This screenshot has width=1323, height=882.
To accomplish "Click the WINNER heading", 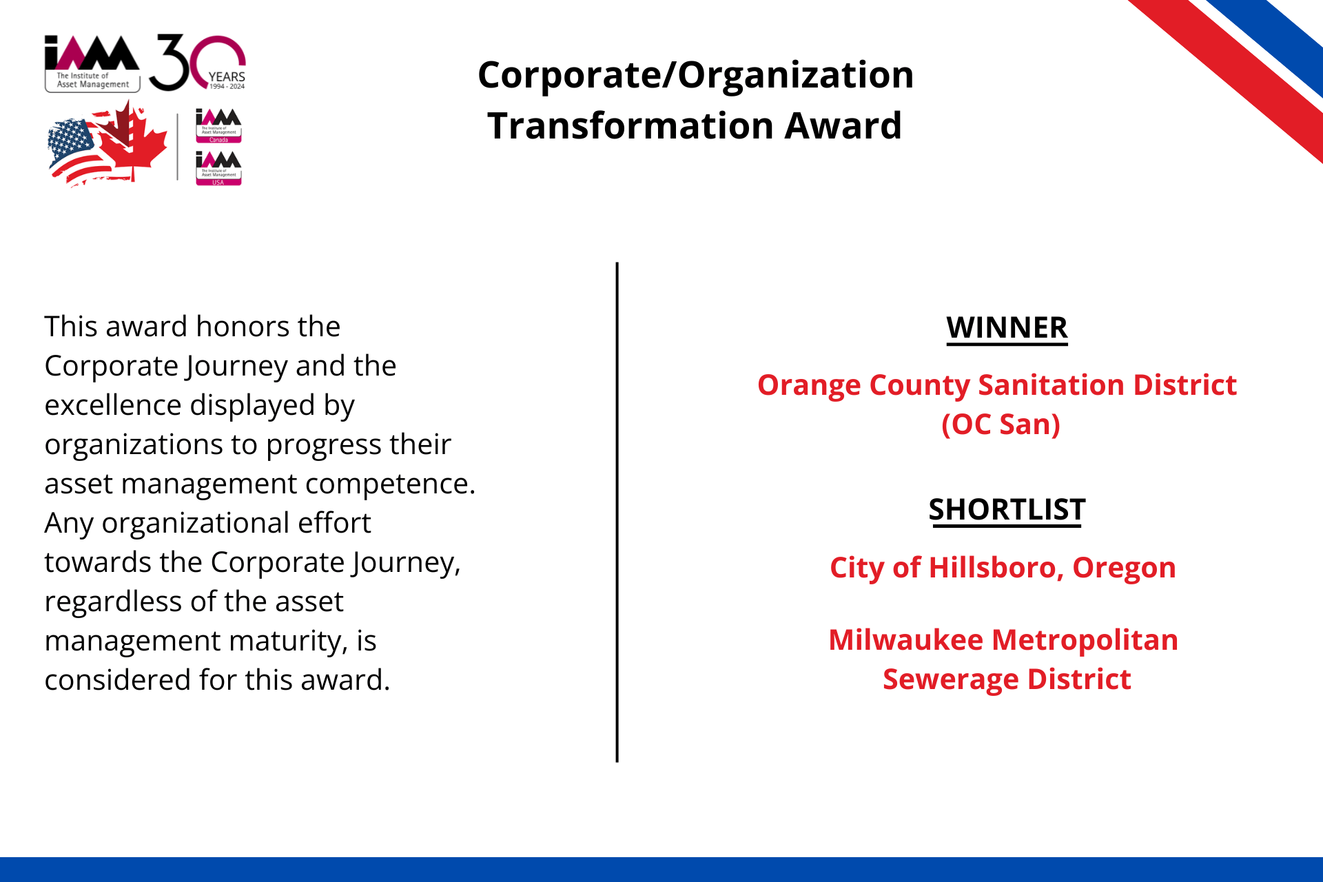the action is coord(1007,328).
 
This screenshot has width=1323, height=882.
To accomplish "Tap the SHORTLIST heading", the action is coord(1007,511).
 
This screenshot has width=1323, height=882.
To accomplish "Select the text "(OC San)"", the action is coord(1001,425).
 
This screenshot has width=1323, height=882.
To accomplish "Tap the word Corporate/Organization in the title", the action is coord(695,75).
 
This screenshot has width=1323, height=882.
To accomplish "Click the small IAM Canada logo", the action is coord(218,125).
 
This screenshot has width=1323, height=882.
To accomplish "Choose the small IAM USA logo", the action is coord(218,168).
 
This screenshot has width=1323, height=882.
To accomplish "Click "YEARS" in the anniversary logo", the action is coord(227,77).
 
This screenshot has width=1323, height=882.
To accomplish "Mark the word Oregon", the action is coord(1124,568).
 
